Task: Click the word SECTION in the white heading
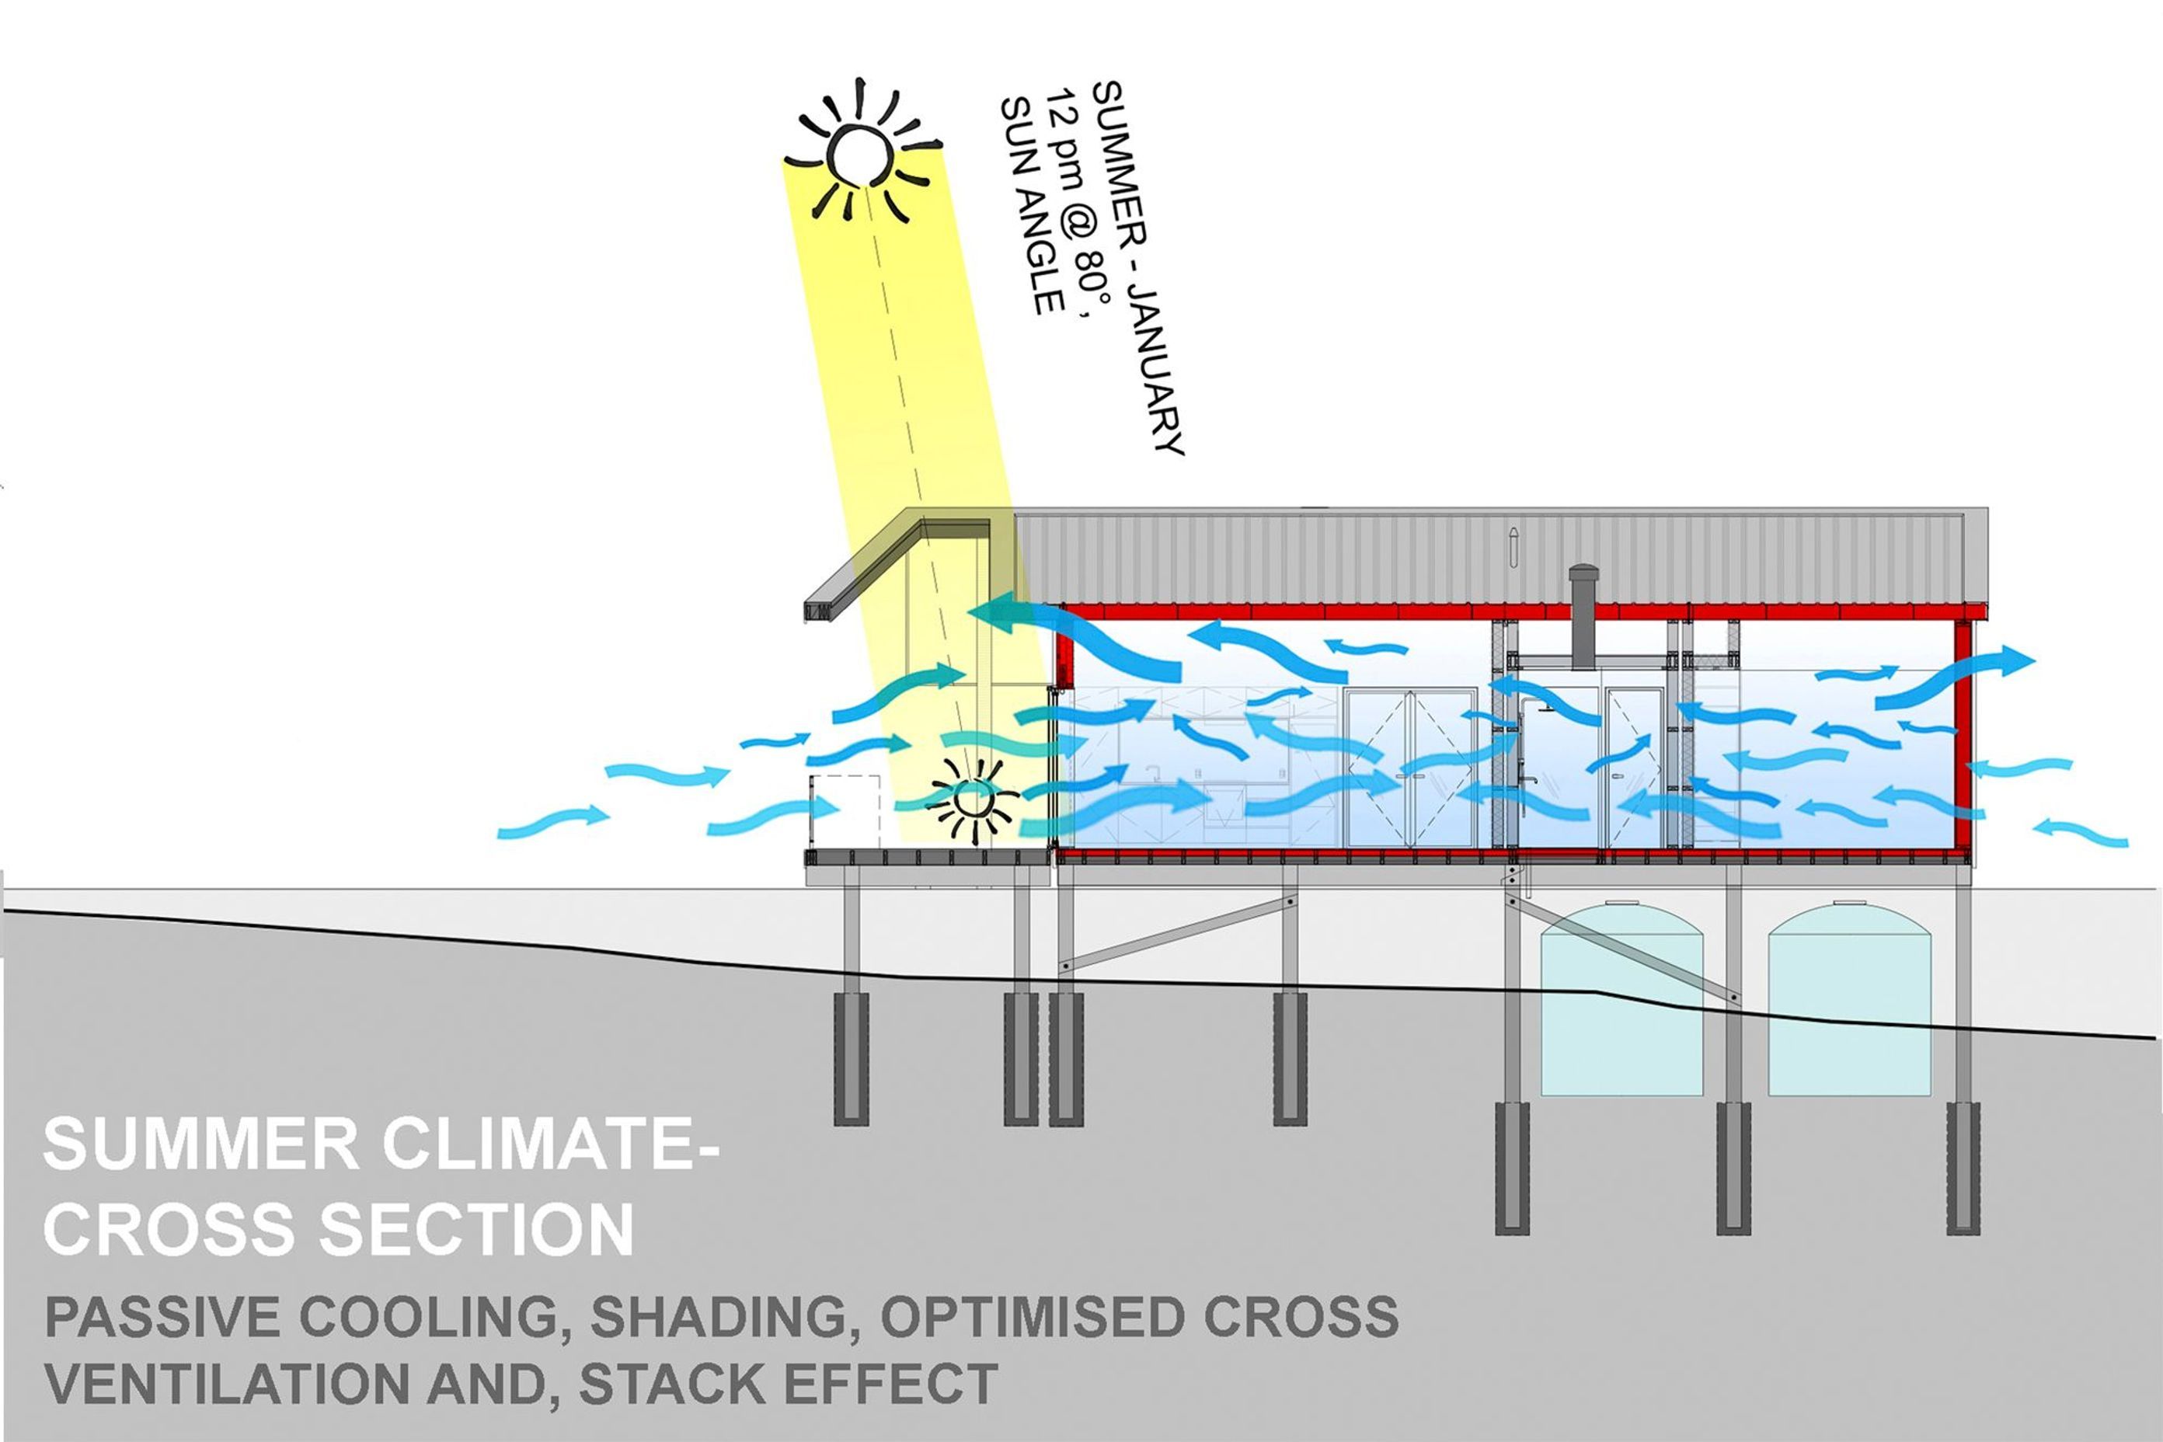click(x=476, y=1230)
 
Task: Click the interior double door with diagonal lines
click(x=1410, y=768)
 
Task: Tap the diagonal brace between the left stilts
click(x=1175, y=933)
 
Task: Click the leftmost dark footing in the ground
click(x=851, y=1057)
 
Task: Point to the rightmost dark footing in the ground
click(x=1963, y=1168)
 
